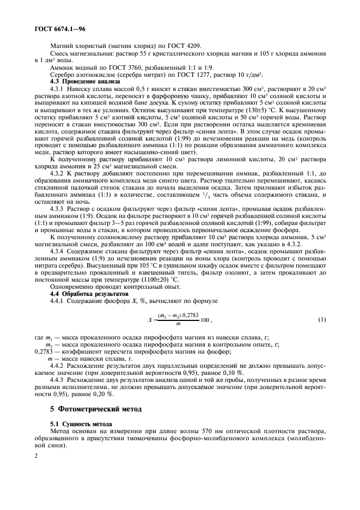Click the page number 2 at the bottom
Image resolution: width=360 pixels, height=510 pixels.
36,454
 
